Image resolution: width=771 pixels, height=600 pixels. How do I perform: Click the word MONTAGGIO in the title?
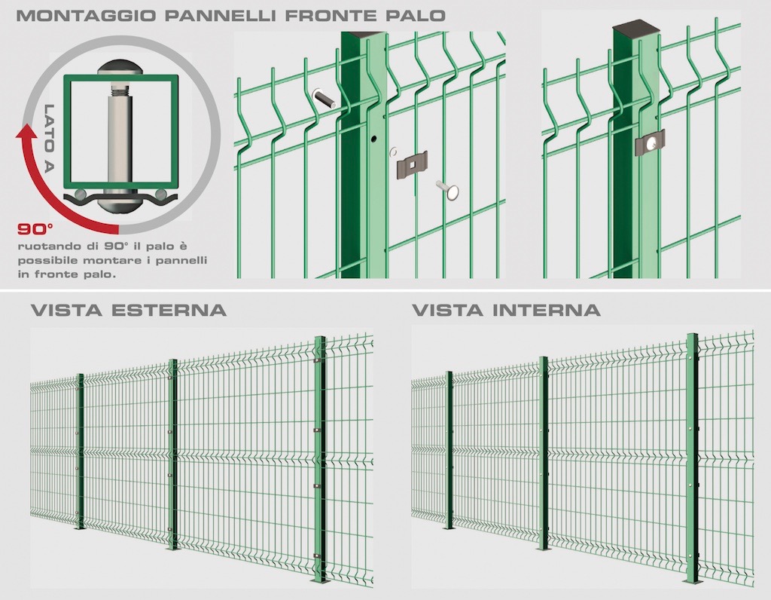pyautogui.click(x=87, y=15)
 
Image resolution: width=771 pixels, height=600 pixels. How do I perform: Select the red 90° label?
pyautogui.click(x=35, y=229)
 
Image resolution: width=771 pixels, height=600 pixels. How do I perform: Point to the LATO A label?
pyautogui.click(x=49, y=138)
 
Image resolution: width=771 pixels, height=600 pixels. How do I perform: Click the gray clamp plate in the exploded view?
pyautogui.click(x=412, y=164)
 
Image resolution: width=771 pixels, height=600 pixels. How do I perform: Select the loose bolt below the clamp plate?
pyautogui.click(x=447, y=189)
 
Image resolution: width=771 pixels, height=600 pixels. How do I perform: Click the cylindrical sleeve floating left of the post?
pyautogui.click(x=325, y=99)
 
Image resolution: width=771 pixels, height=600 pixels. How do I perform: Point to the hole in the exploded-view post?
pyautogui.click(x=374, y=139)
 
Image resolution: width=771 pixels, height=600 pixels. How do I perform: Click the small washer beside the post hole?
pyautogui.click(x=393, y=151)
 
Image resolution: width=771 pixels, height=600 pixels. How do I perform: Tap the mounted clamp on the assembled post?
pyautogui.click(x=650, y=142)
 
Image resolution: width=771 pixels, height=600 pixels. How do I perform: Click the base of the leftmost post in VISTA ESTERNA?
pyautogui.click(x=80, y=528)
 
